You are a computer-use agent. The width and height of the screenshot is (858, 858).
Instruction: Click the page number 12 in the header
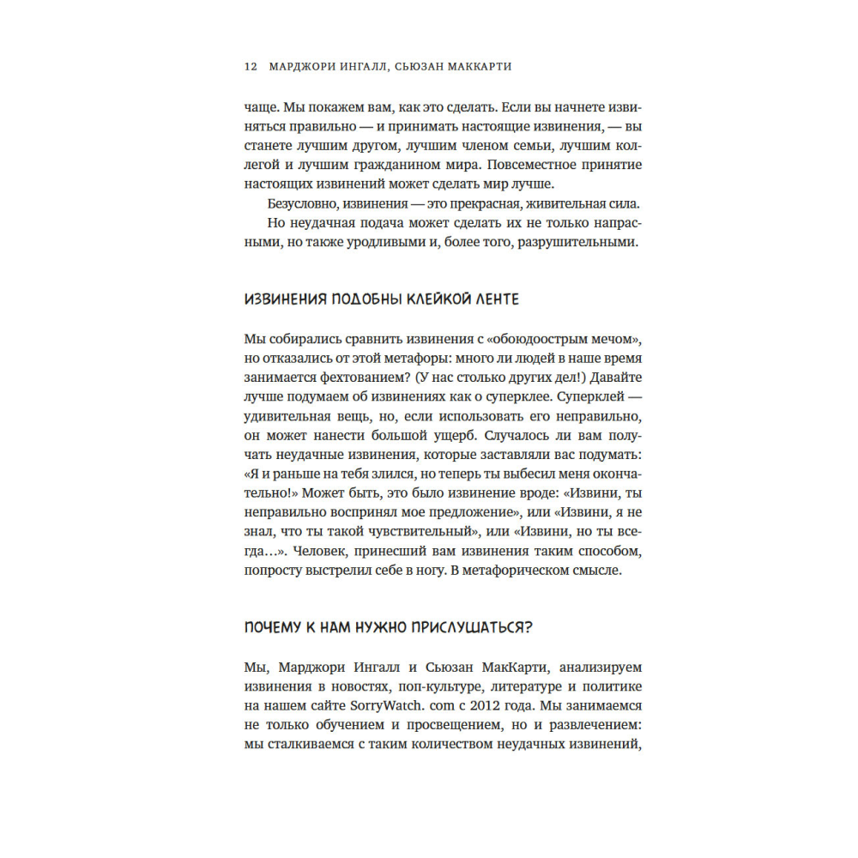(x=250, y=67)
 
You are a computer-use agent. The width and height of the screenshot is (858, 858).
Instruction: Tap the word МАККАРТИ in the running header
(x=480, y=67)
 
